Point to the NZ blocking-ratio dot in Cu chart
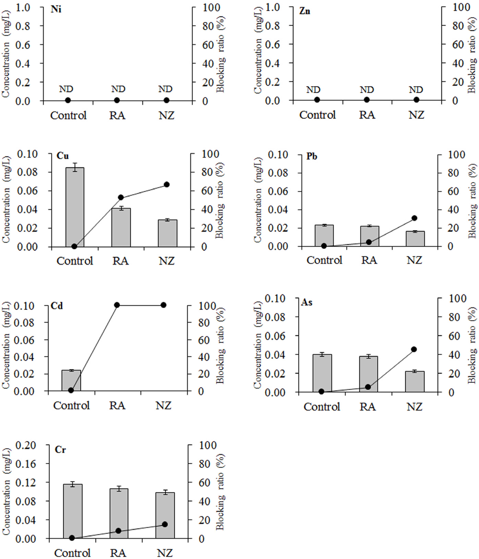[x=167, y=185]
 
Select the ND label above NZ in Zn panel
[x=416, y=90]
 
